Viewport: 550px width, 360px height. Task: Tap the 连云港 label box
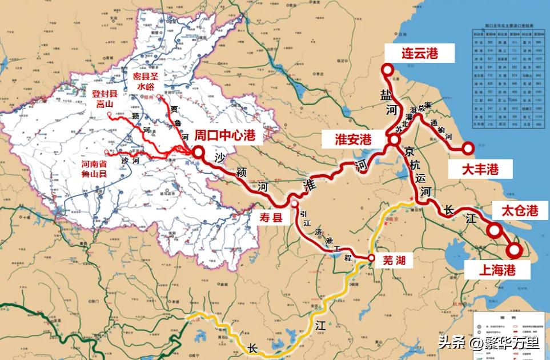pyautogui.click(x=419, y=54)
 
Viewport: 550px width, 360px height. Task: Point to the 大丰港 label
pyautogui.click(x=480, y=169)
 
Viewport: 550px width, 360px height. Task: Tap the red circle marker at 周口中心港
pyautogui.click(x=198, y=153)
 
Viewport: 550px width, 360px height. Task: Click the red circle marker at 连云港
pyautogui.click(x=388, y=70)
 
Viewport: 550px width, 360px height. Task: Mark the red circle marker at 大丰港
pyautogui.click(x=468, y=149)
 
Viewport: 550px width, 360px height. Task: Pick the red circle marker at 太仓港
pyautogui.click(x=494, y=231)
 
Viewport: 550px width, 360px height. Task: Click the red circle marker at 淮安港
pyautogui.click(x=394, y=139)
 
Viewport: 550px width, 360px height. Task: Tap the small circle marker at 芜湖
pyautogui.click(x=371, y=259)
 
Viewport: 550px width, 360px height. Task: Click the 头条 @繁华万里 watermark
pyautogui.click(x=488, y=343)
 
